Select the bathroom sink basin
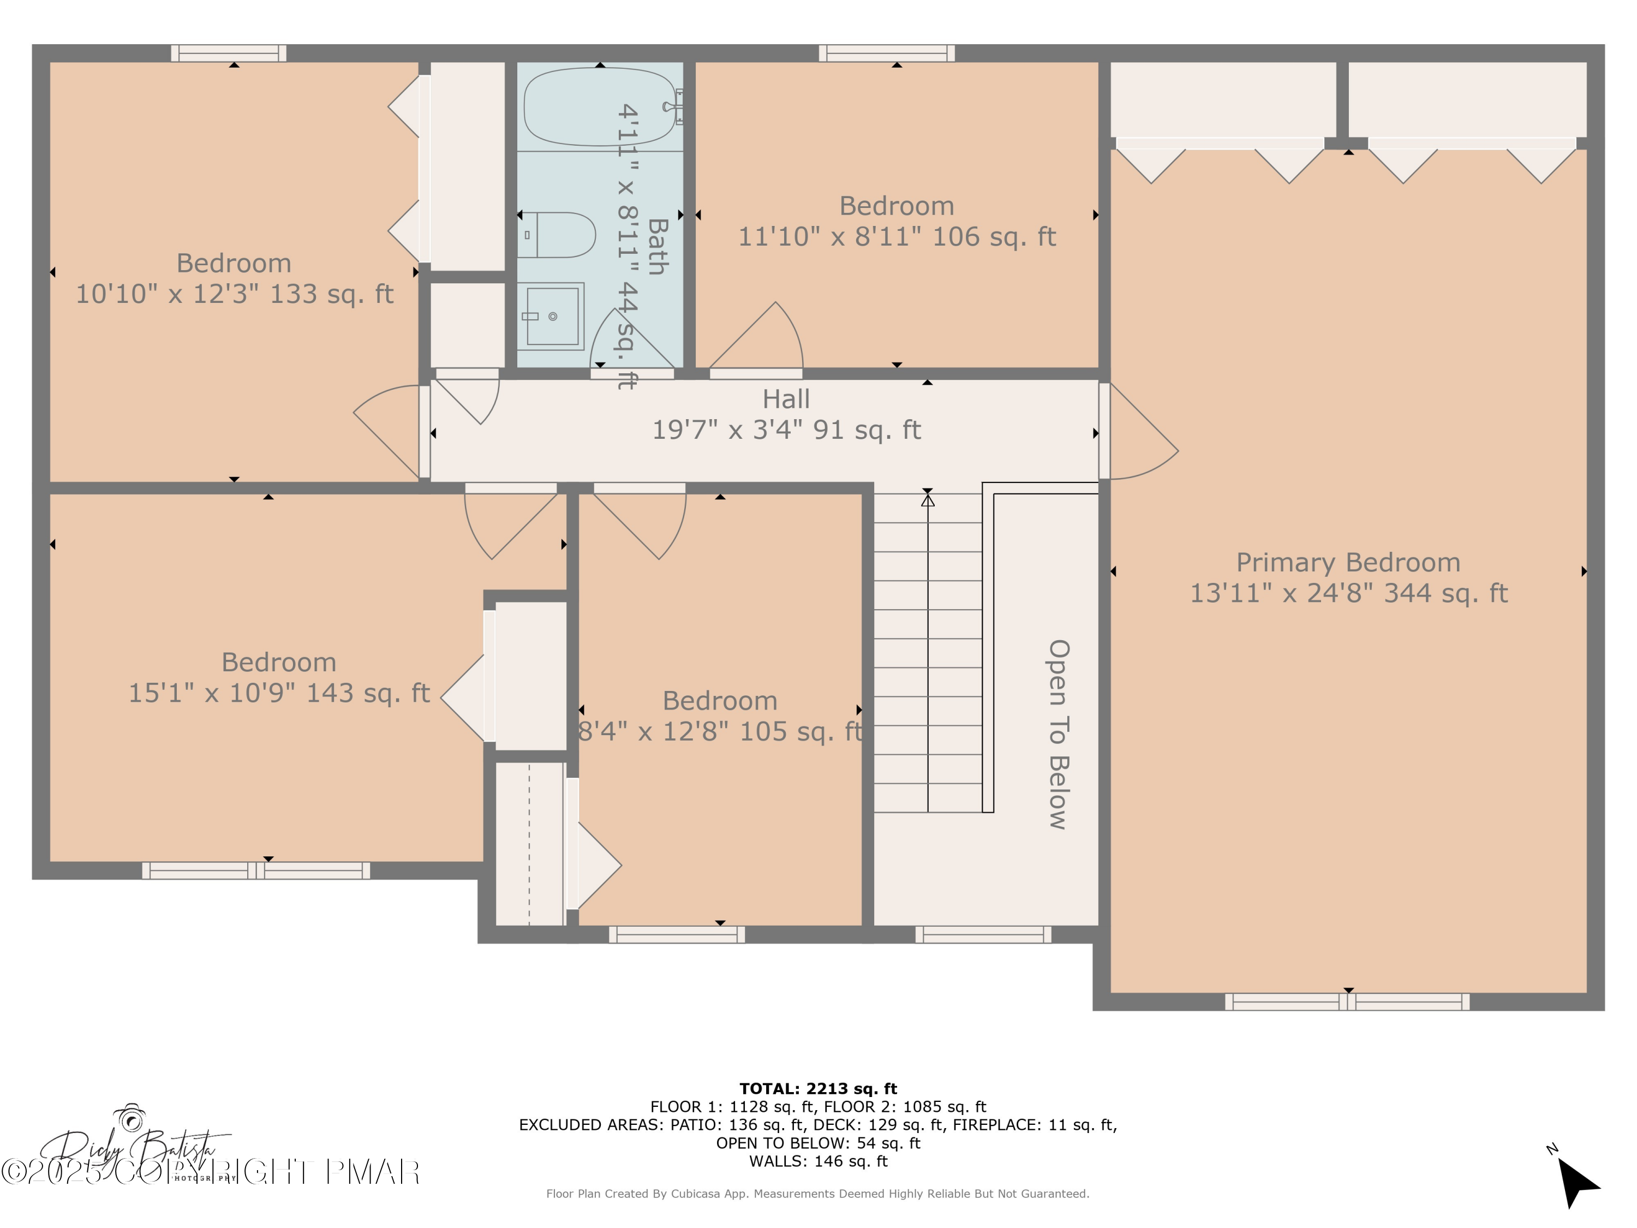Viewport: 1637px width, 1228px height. pyautogui.click(x=551, y=317)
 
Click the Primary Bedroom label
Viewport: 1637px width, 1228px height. pyautogui.click(x=1348, y=563)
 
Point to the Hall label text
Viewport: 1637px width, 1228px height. pyautogui.click(x=786, y=399)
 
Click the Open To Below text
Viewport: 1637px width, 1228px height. pyautogui.click(x=1058, y=734)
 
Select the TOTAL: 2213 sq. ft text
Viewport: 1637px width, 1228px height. pyautogui.click(x=818, y=1089)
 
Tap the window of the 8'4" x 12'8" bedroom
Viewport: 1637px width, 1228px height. pyautogui.click(x=677, y=935)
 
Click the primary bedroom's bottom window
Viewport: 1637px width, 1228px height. pyautogui.click(x=1347, y=1002)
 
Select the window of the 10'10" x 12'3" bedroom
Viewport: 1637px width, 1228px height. pyautogui.click(x=229, y=53)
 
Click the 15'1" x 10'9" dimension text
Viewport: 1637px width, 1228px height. pyautogui.click(x=279, y=693)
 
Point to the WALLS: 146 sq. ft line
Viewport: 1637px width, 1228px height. pyautogui.click(x=818, y=1161)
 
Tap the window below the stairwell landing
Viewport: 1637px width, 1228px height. pyautogui.click(x=983, y=935)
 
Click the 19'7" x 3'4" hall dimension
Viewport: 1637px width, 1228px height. pyautogui.click(x=786, y=430)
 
